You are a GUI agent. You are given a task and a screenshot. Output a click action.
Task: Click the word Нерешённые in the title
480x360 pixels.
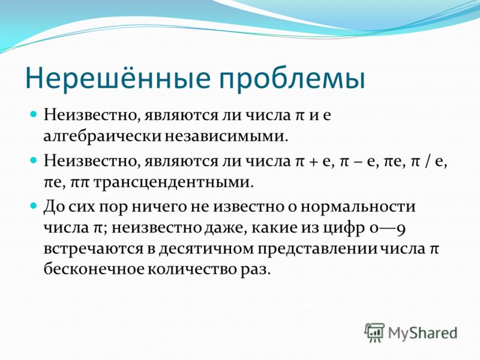pos(118,78)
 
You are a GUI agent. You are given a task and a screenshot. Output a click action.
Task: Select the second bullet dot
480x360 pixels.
pos(34,160)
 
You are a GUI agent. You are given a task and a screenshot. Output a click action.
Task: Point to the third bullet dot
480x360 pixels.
pos(34,206)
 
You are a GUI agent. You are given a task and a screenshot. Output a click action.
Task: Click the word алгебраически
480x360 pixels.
pos(102,137)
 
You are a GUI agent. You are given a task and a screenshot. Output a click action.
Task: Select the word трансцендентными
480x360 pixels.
pos(173,183)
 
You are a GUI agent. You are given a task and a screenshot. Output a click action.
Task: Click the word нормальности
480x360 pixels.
pos(358,207)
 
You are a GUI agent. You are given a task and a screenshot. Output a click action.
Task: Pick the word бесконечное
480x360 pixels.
pos(94,269)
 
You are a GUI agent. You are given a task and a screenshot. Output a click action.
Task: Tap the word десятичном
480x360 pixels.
pos(206,249)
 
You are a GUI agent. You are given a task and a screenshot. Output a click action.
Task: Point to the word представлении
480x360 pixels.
pos(317,249)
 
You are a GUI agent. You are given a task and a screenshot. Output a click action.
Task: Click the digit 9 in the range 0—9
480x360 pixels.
pos(401,229)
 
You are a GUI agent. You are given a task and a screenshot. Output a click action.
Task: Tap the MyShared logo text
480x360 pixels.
pos(423,333)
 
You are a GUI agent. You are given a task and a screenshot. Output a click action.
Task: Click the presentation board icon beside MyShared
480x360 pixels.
pos(374,332)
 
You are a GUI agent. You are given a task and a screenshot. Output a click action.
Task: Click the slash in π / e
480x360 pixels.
pos(428,161)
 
